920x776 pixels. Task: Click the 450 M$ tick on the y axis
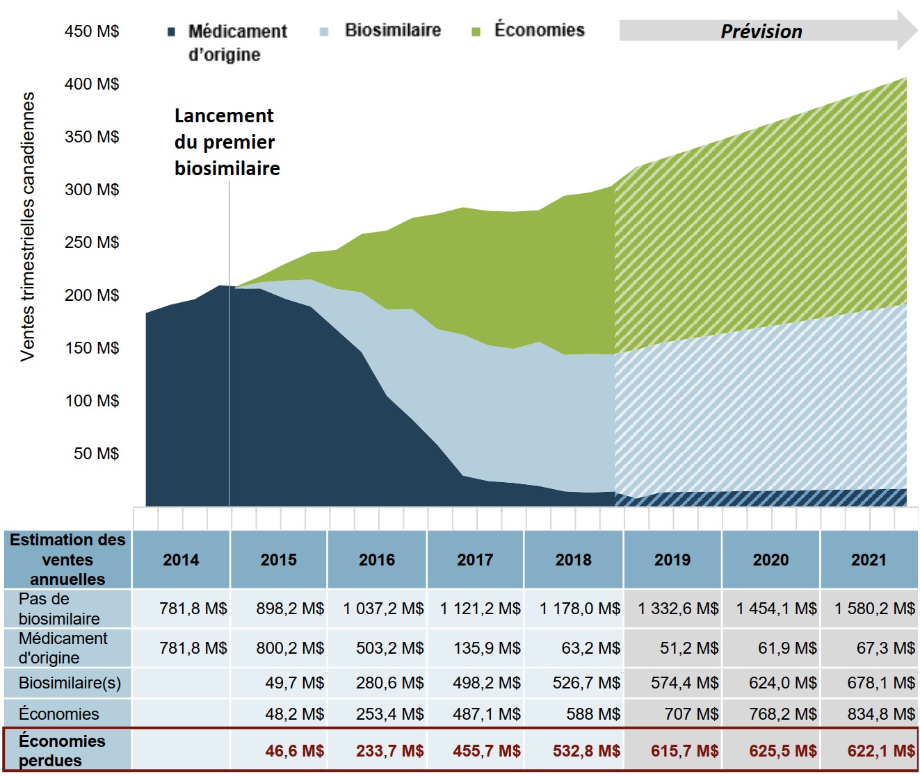92,31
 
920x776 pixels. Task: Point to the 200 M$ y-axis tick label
92,295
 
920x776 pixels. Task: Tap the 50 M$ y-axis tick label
96,454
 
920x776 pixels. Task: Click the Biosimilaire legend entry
392,30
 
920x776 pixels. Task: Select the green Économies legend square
476,31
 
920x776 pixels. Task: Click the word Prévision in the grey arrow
761,31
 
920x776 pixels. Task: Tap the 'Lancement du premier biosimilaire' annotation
227,142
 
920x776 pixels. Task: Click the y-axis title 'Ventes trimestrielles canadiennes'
28,226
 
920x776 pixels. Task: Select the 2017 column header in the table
475,560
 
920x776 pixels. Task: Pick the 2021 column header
869,560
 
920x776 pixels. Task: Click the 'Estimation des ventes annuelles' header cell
67,559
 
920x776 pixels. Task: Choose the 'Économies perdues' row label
62,750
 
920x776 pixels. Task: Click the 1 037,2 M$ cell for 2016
383,609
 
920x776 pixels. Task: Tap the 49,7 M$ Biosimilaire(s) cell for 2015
294,683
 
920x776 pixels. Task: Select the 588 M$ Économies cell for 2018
593,714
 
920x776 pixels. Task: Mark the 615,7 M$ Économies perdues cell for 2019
684,751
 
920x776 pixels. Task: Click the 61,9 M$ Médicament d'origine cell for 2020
787,648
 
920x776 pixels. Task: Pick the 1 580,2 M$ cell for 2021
875,609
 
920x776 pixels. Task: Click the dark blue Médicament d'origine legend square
172,32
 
